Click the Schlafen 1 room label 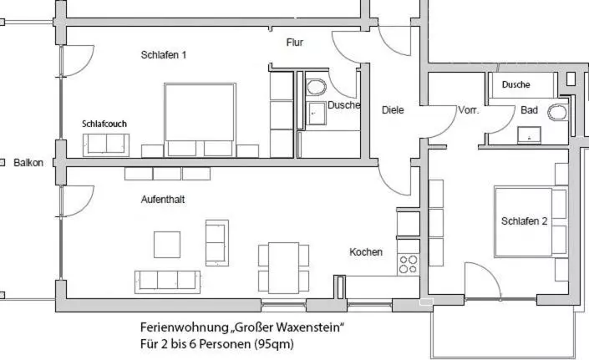tap(164, 55)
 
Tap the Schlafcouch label tap(104, 124)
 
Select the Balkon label tap(28, 163)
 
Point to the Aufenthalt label tap(163, 200)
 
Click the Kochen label tap(366, 252)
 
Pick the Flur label tap(295, 43)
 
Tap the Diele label tap(393, 110)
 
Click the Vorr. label tap(469, 110)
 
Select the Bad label tap(530, 110)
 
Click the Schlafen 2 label tap(524, 221)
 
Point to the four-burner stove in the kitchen tap(409, 264)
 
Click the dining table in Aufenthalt tap(283, 267)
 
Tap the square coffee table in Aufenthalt tap(167, 245)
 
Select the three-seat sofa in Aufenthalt tap(168, 282)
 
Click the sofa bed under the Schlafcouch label tap(106, 145)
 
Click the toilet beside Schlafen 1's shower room tap(317, 88)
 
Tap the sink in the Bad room tap(530, 135)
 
